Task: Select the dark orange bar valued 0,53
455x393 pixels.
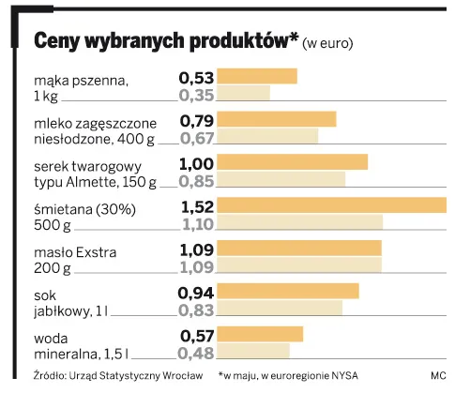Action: [258, 77]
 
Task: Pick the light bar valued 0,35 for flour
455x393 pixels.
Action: [244, 94]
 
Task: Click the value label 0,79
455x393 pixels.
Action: [197, 120]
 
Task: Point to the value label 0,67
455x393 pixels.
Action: [197, 137]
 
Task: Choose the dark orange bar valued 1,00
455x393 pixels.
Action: [293, 162]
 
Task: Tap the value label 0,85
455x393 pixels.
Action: [197, 179]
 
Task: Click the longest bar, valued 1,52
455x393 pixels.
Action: [332, 205]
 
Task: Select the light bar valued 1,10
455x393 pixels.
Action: [300, 222]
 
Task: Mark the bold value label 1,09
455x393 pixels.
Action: [197, 249]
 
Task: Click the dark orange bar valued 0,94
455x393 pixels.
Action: [289, 291]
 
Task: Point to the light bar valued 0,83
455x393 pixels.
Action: [281, 308]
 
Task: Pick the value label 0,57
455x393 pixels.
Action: [197, 335]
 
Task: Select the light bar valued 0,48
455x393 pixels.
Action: [253, 352]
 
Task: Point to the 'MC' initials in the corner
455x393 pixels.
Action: [438, 376]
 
